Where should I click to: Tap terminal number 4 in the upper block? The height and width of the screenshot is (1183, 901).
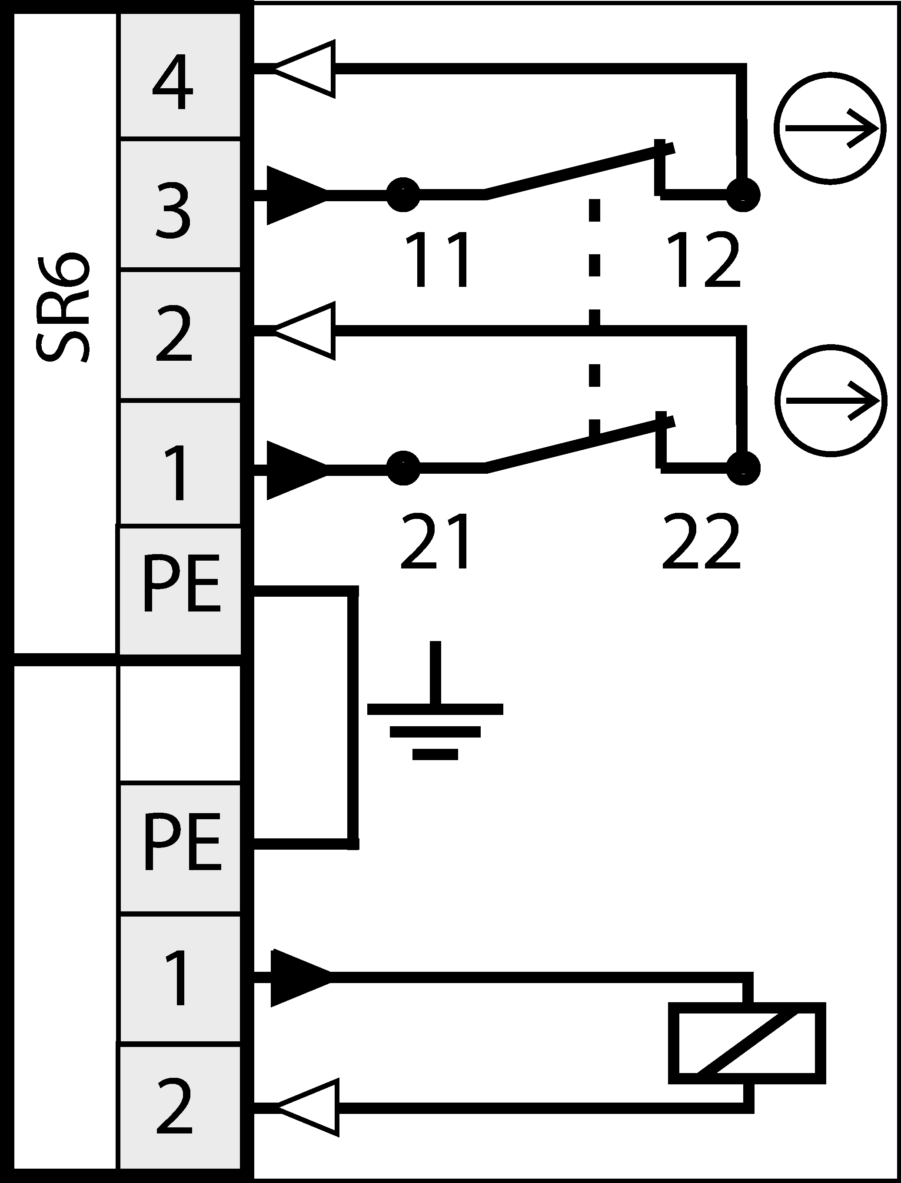(x=173, y=82)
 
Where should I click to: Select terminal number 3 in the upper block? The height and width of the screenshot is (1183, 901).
(x=173, y=211)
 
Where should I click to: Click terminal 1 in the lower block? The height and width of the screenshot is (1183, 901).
(x=176, y=977)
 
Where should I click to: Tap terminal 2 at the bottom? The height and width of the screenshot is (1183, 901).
(x=174, y=1106)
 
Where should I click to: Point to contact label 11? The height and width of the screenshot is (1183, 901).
(x=437, y=260)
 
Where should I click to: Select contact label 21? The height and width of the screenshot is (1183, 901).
(x=436, y=541)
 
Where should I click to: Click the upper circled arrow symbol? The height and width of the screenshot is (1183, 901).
(x=830, y=128)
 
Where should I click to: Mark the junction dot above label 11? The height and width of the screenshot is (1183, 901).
(x=403, y=194)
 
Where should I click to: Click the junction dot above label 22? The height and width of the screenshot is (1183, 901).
(x=743, y=468)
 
